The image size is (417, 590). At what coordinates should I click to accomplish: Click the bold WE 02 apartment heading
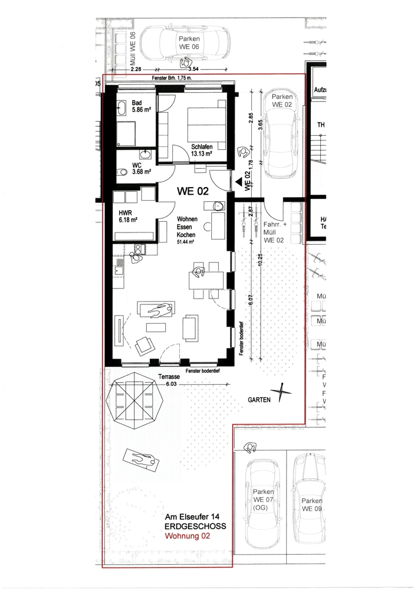(195, 191)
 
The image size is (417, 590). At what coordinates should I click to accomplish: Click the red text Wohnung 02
(186, 537)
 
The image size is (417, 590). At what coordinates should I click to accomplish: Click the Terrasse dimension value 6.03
(171, 383)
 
